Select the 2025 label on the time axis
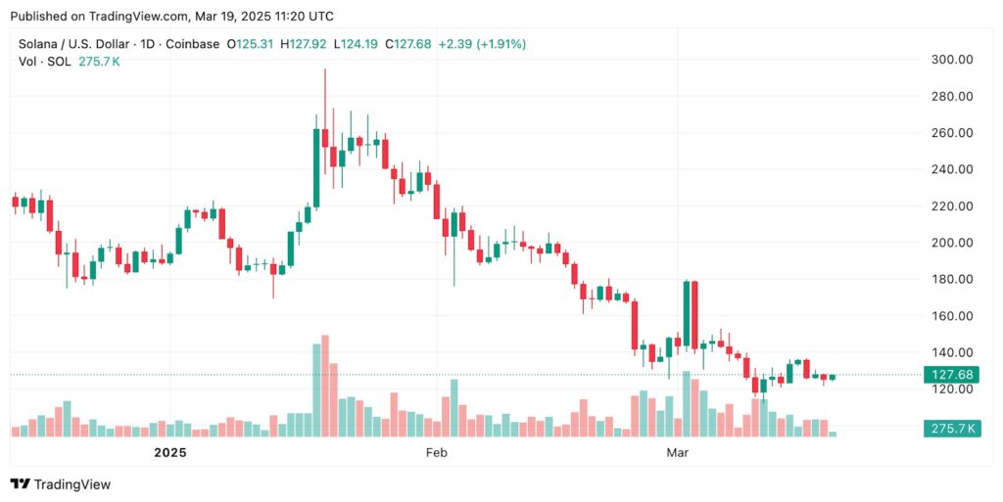click(170, 453)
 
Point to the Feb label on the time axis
click(436, 453)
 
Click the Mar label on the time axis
click(678, 453)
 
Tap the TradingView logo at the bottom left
click(61, 483)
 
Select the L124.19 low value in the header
click(359, 44)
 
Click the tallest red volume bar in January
click(325, 386)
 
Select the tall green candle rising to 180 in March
click(687, 313)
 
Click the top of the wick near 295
click(325, 71)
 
